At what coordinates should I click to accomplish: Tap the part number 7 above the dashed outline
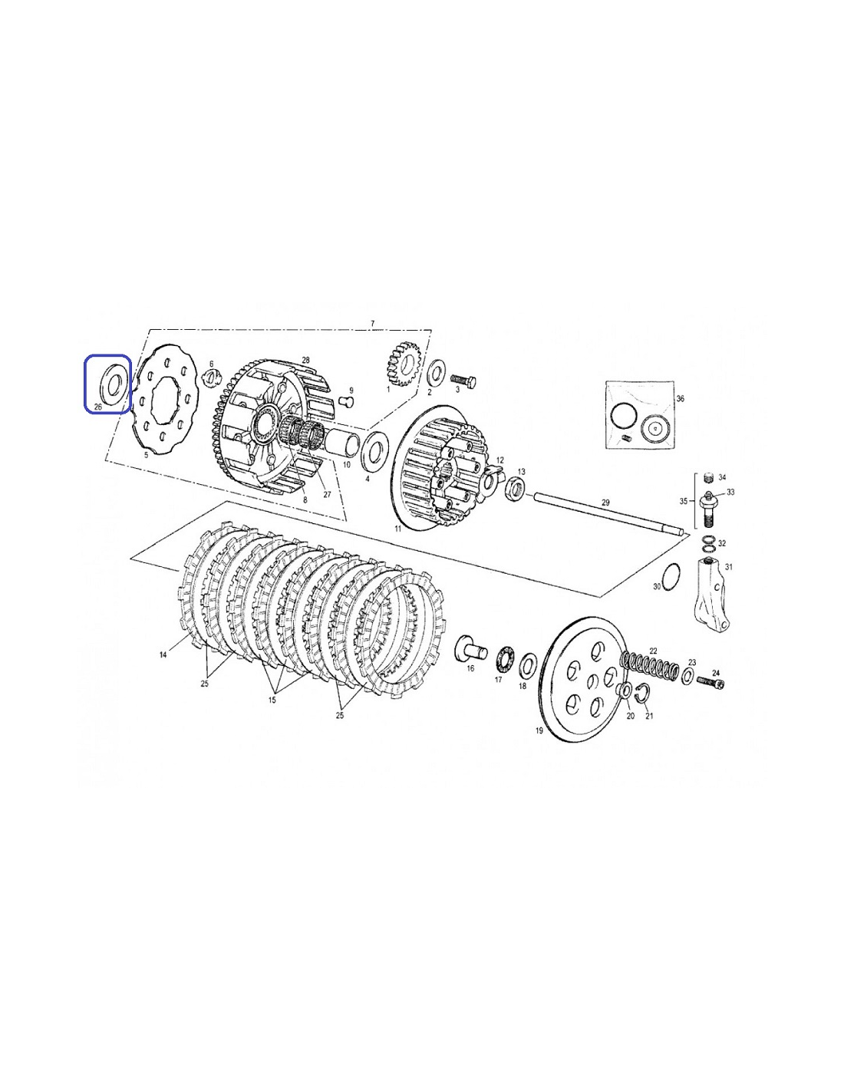(x=372, y=324)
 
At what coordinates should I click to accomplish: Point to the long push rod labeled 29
(x=608, y=514)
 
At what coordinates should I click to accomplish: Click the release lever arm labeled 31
(x=712, y=593)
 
